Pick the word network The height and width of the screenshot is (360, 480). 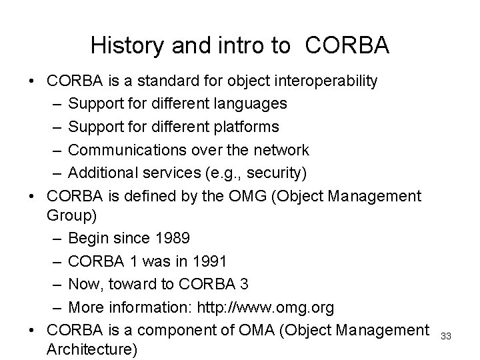[281, 149]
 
